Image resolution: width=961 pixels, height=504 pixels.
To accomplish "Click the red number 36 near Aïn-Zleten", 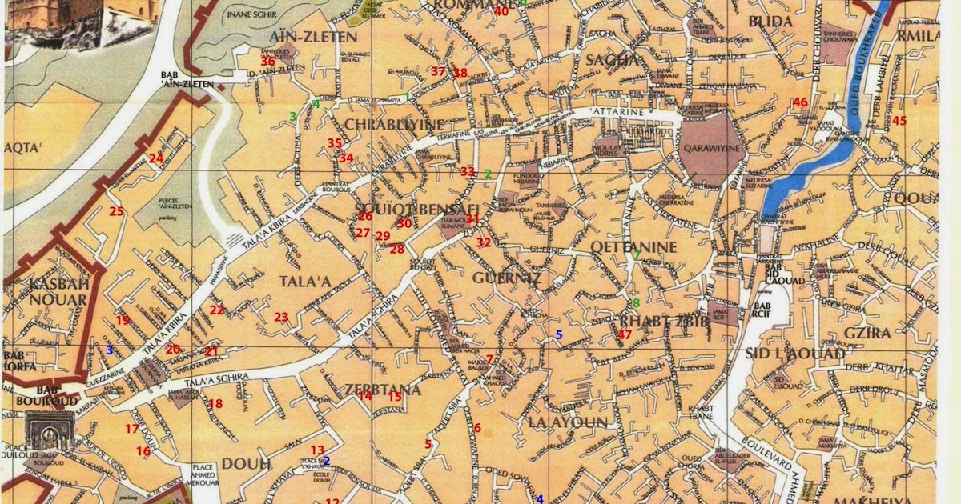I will tap(267, 61).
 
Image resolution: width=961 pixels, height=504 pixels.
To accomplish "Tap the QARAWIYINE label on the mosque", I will tap(712, 148).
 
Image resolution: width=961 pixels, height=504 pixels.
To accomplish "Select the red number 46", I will tap(800, 102).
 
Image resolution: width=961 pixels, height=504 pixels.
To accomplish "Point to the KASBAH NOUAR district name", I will tap(58, 291).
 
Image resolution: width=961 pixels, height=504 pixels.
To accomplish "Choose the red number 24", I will tap(155, 158).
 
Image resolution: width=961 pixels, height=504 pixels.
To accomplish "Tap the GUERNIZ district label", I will tap(507, 278).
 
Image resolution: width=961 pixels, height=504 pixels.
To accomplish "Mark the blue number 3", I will tap(110, 350).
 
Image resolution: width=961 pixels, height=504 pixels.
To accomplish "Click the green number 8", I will tap(636, 303).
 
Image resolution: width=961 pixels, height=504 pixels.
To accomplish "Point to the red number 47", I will tap(625, 334).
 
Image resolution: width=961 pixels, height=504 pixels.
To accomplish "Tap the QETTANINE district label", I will tap(633, 247).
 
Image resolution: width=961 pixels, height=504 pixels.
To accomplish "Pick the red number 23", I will tap(281, 317).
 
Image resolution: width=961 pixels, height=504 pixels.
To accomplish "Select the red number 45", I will tap(899, 121).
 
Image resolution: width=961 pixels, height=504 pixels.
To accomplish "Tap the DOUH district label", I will tap(247, 463).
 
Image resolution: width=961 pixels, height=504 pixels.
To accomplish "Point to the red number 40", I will tap(501, 10).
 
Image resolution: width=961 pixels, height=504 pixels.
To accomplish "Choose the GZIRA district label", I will tap(867, 332).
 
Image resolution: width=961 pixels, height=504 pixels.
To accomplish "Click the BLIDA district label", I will tap(770, 22).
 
